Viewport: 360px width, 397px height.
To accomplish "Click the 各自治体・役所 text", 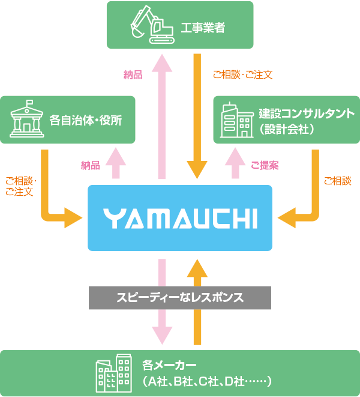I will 86,120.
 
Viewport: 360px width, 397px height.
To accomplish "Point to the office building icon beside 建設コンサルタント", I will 237,120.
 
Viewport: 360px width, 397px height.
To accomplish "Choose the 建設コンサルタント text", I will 307,113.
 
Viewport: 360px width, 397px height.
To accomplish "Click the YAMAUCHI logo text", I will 180,218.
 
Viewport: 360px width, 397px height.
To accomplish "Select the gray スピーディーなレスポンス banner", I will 180,297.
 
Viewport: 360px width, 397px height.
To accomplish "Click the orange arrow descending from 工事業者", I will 197,114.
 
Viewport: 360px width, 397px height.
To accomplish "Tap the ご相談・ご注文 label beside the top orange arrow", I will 243,75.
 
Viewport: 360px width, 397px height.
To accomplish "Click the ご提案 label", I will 265,165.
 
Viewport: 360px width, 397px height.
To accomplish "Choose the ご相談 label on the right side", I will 337,180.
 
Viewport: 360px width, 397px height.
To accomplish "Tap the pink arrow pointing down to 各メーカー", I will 162,300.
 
